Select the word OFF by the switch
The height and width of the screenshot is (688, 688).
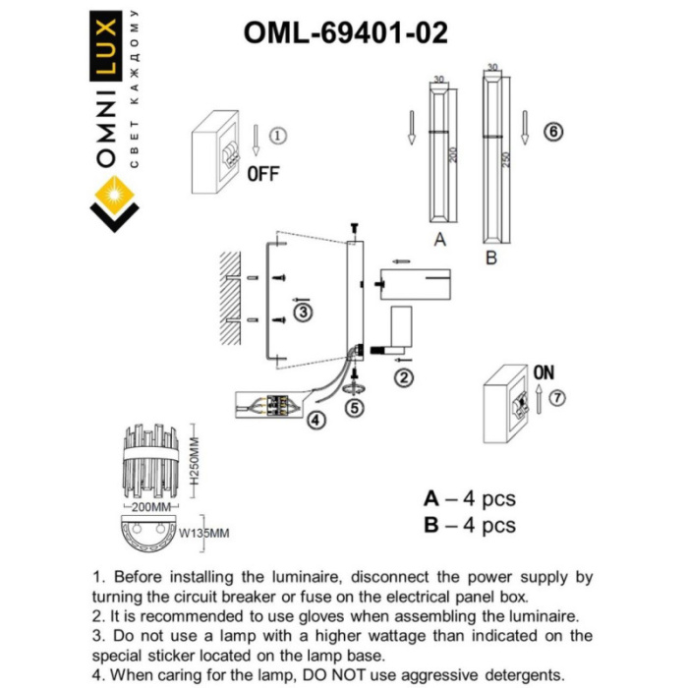262,174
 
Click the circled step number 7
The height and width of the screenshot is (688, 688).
558,398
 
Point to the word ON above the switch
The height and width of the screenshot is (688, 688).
543,373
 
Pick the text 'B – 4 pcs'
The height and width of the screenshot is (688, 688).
469,526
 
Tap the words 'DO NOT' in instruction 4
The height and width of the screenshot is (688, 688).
348,674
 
